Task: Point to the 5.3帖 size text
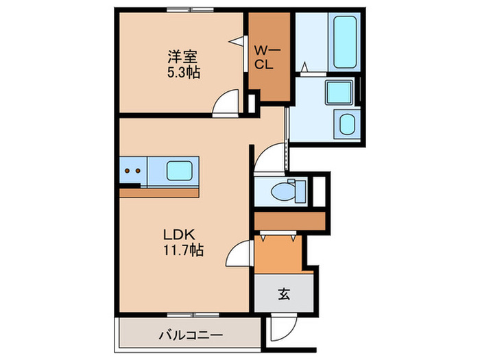[183, 72]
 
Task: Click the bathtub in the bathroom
[351, 42]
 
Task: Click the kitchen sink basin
[182, 171]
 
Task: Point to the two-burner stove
[133, 171]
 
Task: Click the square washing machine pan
[338, 92]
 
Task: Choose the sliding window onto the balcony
[193, 315]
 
